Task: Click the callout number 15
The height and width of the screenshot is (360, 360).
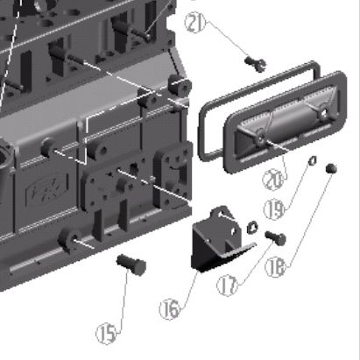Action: click(106, 334)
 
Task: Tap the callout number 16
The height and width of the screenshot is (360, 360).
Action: click(170, 309)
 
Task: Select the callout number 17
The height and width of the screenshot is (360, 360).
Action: click(227, 286)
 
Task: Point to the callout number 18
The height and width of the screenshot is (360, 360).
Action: click(275, 267)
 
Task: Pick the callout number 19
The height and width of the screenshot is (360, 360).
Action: click(274, 209)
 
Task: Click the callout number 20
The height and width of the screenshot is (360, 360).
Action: click(273, 180)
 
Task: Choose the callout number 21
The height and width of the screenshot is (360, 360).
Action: click(195, 22)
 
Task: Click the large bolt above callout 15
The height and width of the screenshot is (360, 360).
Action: click(131, 265)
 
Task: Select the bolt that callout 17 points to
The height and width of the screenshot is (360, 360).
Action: click(276, 237)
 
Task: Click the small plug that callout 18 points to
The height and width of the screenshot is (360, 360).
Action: click(331, 168)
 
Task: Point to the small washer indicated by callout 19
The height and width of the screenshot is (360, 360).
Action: click(313, 159)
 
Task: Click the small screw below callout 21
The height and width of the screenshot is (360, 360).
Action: click(255, 64)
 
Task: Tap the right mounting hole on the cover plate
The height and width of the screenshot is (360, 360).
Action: click(323, 112)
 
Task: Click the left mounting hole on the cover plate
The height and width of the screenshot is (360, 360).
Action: click(260, 138)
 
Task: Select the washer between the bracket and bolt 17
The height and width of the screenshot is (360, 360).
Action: click(252, 228)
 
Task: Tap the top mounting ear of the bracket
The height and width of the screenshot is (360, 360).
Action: click(223, 213)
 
